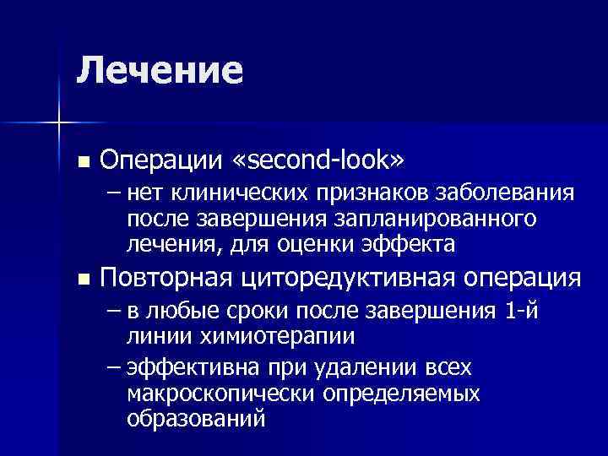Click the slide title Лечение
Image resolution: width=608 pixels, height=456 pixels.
click(x=159, y=70)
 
